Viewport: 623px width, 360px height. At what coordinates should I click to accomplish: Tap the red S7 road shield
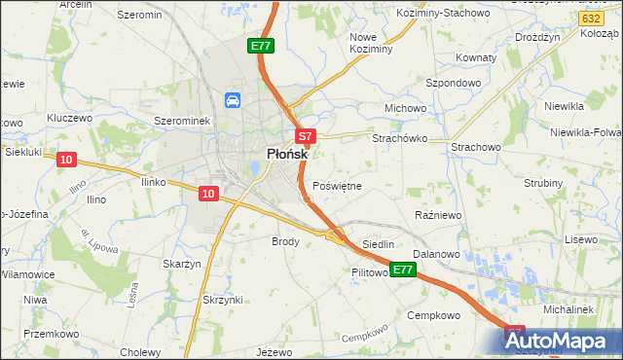coord(305,137)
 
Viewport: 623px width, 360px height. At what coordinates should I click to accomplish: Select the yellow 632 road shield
coord(589,18)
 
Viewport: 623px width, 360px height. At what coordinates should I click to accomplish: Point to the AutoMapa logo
coord(562,342)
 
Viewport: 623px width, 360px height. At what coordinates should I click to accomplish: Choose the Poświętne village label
coord(338,185)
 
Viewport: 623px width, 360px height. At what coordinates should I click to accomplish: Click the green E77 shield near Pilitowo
coord(404,270)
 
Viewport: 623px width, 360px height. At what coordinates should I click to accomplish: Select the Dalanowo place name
coord(435,253)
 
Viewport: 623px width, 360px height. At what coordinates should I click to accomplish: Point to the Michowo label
coord(406,107)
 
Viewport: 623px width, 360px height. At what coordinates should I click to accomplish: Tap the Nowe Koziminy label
coord(370,42)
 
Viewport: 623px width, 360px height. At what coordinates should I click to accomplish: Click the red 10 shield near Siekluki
coord(65,159)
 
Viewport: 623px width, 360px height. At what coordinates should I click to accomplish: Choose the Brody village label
coord(285,240)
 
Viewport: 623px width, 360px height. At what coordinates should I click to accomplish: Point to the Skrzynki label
coord(222,299)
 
